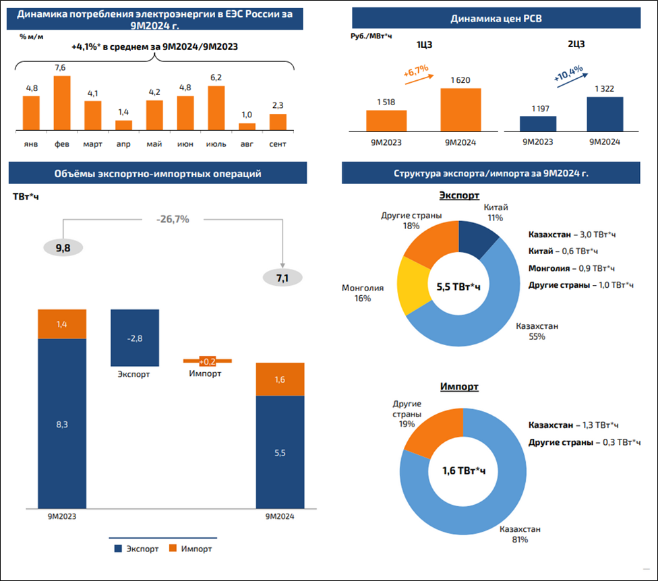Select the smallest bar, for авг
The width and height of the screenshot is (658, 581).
247,126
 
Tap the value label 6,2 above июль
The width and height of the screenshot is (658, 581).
216,78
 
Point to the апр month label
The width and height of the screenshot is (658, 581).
123,144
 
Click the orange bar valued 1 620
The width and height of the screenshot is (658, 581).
460,109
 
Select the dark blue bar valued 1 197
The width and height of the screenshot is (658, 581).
537,123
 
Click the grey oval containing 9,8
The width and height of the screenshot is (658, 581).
63,248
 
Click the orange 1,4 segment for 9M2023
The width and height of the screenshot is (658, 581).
62,324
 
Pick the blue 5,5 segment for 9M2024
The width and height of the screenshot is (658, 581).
280,452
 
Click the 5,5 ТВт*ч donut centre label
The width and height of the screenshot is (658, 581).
458,287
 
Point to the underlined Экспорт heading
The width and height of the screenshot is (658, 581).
458,195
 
